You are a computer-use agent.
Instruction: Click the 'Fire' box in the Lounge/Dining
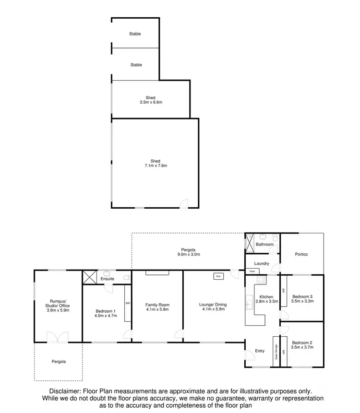217,277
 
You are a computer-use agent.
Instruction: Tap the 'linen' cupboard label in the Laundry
252,271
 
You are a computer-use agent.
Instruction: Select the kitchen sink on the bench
249,303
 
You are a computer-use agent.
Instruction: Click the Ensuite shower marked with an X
89,278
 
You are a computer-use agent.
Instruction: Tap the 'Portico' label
302,254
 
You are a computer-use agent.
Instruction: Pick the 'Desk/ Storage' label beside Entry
276,353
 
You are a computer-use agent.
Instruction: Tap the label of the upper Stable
135,34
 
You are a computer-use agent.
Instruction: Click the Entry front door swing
249,354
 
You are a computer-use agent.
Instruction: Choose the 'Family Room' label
157,305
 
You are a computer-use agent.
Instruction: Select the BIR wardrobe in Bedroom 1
127,303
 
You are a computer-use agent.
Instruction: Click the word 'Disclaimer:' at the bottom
66,391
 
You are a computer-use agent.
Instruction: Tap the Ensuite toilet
126,278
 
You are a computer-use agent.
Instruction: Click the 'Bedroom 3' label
302,296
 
